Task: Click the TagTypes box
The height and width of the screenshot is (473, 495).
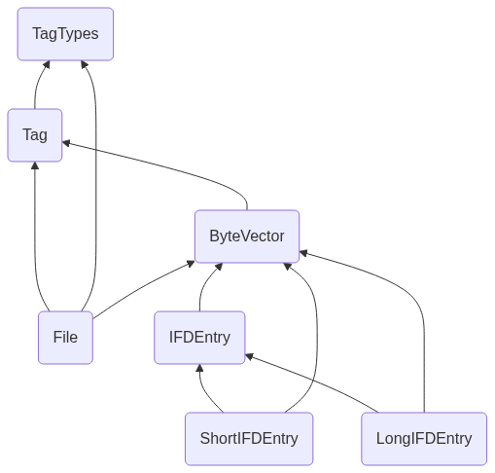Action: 65,34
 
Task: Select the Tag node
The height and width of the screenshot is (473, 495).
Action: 35,135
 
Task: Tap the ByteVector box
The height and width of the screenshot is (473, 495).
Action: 247,236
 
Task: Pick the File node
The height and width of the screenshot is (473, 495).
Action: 65,338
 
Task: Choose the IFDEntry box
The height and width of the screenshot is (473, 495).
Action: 199,338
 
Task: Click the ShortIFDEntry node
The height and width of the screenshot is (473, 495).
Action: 249,439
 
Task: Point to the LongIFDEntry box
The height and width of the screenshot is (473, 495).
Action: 424,439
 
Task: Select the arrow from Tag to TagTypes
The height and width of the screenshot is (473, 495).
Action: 37,84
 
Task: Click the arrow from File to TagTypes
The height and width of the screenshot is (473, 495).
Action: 96,185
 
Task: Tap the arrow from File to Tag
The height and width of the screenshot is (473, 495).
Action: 35,236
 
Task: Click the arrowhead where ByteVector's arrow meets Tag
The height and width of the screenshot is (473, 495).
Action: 66,143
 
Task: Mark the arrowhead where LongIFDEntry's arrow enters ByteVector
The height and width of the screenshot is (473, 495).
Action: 303,253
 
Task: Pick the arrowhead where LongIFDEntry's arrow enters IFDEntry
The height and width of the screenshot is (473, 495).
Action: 249,356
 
